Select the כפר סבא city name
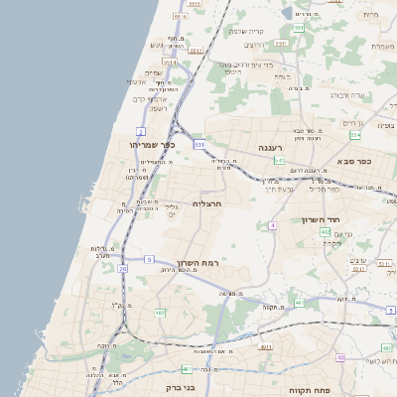(354, 160)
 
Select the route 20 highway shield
(122, 268)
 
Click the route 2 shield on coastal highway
(141, 131)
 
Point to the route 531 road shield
(199, 145)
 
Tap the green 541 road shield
(280, 160)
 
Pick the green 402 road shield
(325, 231)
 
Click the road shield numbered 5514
(170, 62)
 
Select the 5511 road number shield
(181, 17)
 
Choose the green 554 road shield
(298, 28)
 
